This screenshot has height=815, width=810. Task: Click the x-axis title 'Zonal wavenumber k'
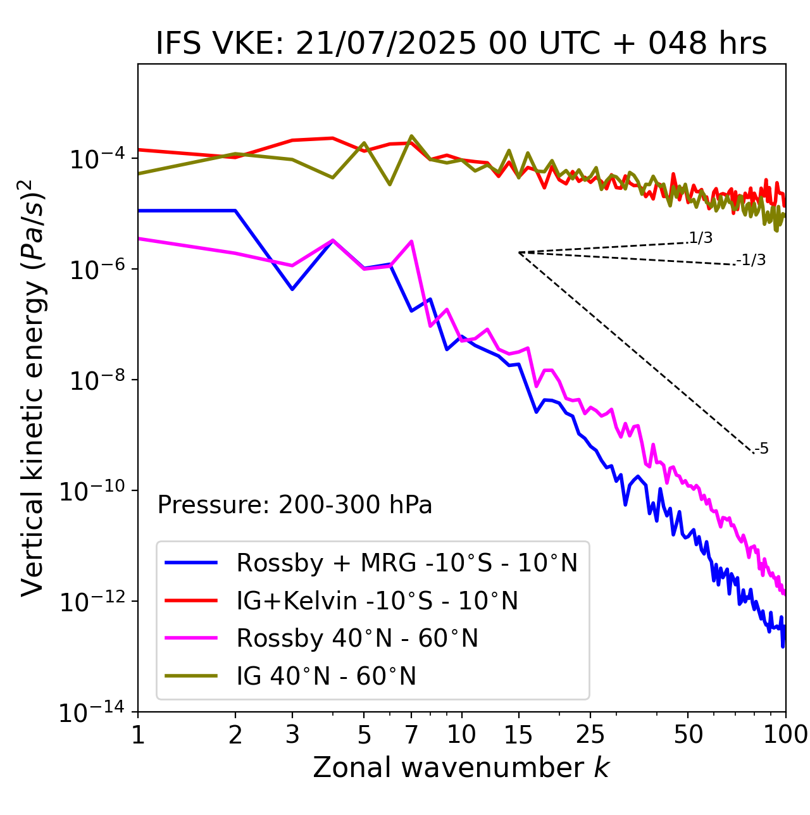point(461,768)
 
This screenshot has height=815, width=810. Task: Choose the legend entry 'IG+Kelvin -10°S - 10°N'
point(377,600)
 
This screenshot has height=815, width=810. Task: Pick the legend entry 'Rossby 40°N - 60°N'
point(357,638)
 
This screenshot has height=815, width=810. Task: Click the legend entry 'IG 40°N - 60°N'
point(326,676)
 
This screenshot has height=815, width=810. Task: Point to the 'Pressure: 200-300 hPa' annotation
point(295,505)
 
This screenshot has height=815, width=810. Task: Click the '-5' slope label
point(762,449)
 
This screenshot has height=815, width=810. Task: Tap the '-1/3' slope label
point(752,260)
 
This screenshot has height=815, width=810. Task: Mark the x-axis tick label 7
point(411,735)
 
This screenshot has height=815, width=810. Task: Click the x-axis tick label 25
point(590,735)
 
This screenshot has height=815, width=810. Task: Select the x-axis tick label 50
point(688,735)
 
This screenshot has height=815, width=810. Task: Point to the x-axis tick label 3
point(292,735)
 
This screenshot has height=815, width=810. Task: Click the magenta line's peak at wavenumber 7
point(411,241)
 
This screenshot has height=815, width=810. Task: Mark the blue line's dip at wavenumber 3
point(292,289)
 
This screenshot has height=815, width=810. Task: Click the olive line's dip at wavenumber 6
point(390,184)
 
